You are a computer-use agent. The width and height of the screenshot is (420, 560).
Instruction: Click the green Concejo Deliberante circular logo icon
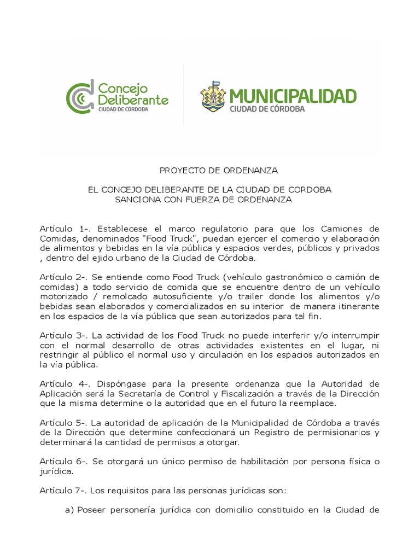79,98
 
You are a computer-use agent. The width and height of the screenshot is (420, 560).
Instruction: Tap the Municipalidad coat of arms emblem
213,96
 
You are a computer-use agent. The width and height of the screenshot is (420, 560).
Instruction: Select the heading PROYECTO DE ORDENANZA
210,171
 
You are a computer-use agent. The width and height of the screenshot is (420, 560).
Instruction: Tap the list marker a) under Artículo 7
69,510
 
